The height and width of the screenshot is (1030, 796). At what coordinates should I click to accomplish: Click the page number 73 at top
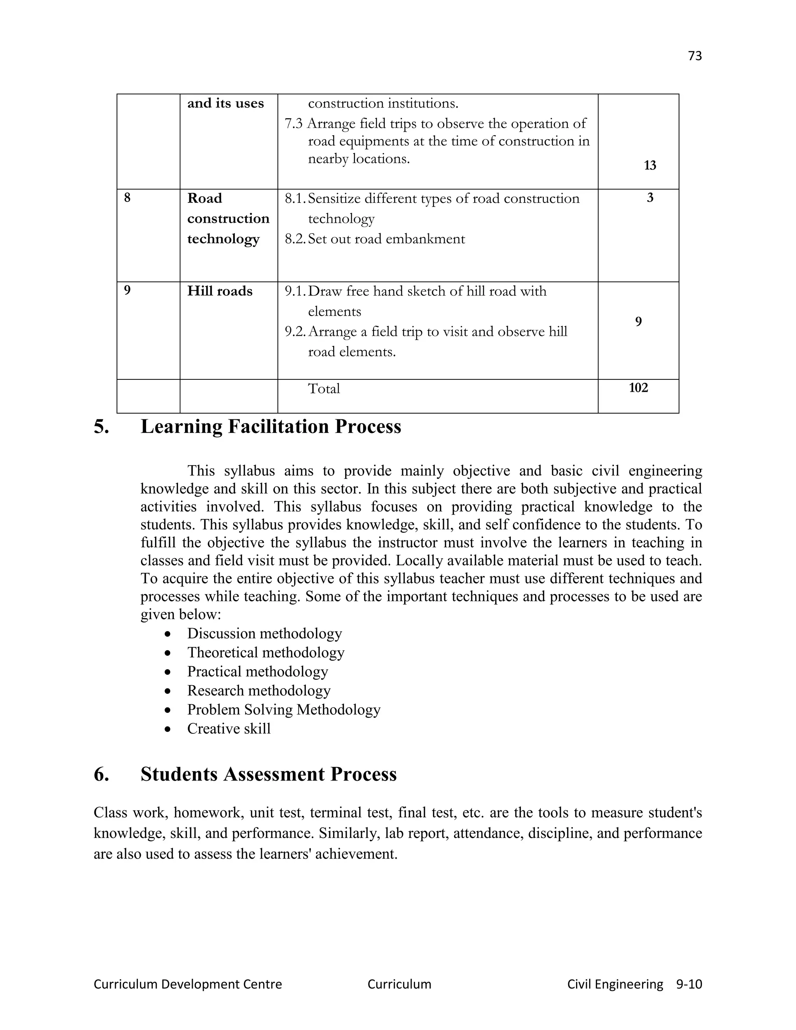[x=695, y=56]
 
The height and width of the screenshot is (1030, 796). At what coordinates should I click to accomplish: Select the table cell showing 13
[x=649, y=166]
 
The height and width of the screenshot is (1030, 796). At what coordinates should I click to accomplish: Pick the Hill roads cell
[x=220, y=291]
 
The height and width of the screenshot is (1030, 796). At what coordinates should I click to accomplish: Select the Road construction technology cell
[x=228, y=218]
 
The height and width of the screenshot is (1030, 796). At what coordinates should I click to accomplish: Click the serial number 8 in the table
[x=127, y=197]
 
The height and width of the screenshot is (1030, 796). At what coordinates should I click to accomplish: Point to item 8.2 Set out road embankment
[x=375, y=239]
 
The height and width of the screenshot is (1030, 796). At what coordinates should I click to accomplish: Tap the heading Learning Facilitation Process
[x=271, y=426]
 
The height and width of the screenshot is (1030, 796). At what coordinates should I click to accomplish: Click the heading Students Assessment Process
[x=268, y=774]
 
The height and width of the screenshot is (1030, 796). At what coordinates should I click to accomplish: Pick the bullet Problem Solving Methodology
[x=283, y=710]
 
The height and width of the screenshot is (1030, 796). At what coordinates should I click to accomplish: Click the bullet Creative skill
[x=229, y=729]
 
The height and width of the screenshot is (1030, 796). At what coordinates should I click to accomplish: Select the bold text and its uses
[x=225, y=103]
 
